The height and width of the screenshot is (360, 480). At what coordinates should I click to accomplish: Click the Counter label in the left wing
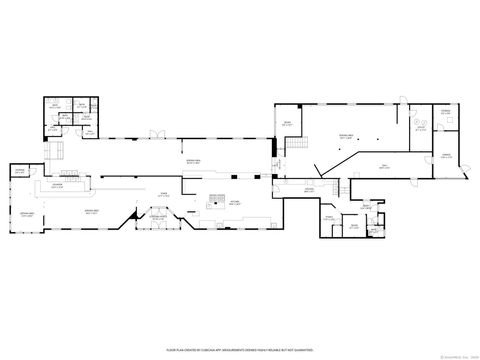click(x=59, y=186)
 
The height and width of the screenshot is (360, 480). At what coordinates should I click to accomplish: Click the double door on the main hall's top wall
click(x=153, y=135)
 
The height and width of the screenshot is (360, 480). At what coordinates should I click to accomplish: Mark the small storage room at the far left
click(x=19, y=173)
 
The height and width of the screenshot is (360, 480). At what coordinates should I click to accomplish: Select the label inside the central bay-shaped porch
click(x=157, y=217)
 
